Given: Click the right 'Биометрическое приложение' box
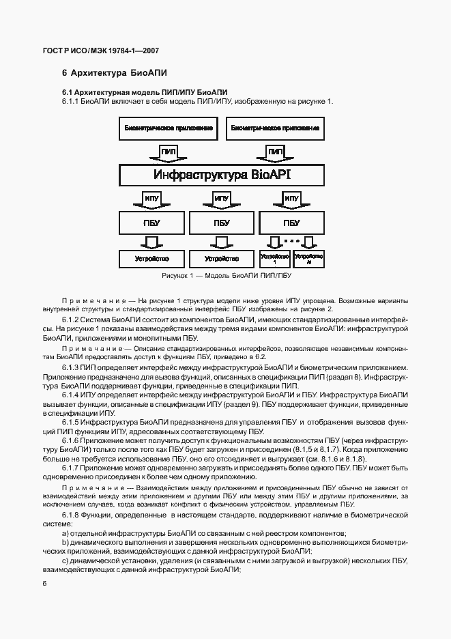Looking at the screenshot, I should click(x=276, y=128).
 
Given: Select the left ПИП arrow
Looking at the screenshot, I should click(x=169, y=152).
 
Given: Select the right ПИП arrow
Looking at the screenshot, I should click(x=276, y=152).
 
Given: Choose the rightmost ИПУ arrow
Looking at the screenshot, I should click(x=291, y=199).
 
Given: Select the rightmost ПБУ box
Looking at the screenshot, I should click(x=291, y=223).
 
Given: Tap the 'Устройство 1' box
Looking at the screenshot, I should click(x=274, y=259).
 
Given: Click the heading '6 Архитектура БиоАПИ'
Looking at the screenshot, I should click(x=115, y=72).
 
